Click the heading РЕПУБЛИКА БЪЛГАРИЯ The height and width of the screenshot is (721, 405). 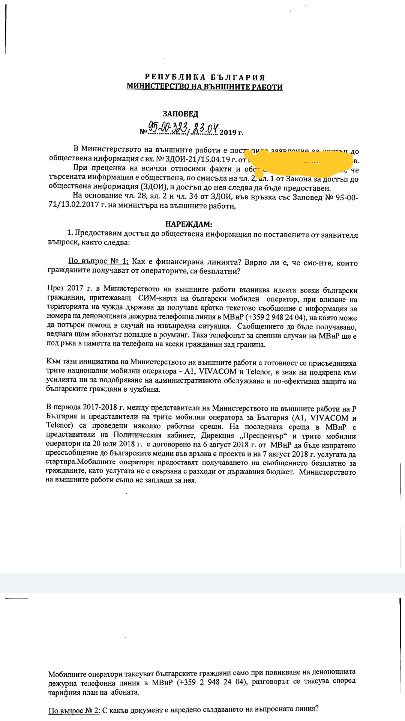pos(205,78)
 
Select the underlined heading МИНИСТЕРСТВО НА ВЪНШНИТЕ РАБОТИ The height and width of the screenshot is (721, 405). pos(205,87)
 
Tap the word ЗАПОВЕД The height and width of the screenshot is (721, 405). pos(180,114)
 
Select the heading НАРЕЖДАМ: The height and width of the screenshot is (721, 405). pos(189,225)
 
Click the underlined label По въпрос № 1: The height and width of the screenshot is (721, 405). pos(98,262)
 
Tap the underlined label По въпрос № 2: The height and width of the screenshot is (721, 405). pos(75,710)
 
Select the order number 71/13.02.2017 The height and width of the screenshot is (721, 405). pos(74,206)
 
